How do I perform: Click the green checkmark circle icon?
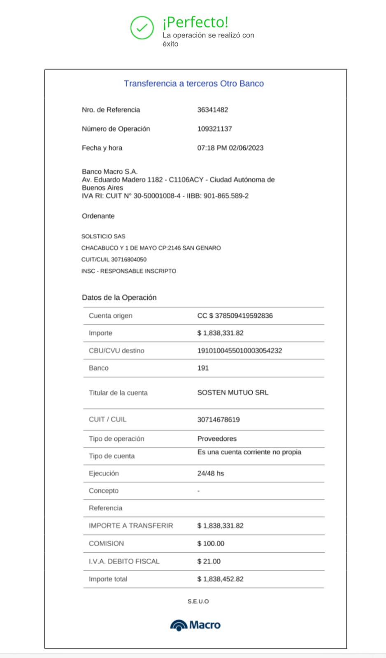[x=142, y=28]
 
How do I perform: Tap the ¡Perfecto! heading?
[x=195, y=22]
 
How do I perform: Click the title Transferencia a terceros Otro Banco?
[x=194, y=83]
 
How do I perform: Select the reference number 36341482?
[x=212, y=110]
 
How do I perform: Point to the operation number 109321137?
[x=214, y=129]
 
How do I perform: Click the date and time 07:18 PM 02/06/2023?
[x=230, y=148]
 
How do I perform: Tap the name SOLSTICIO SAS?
[x=103, y=236]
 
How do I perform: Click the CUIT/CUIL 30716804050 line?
[x=114, y=259]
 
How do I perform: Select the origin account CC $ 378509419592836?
[x=235, y=316]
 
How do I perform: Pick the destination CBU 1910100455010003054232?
[x=240, y=351]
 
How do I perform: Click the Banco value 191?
[x=203, y=368]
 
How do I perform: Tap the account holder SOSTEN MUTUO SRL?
[x=233, y=393]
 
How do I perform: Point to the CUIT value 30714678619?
[x=218, y=420]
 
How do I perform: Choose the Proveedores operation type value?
[x=217, y=439]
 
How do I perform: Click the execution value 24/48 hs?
[x=210, y=473]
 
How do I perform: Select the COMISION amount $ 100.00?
[x=211, y=544]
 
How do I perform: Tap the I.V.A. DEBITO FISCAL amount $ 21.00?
[x=209, y=561]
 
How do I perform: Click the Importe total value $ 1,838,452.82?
[x=220, y=579]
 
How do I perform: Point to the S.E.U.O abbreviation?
[x=198, y=601]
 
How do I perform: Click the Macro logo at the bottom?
[x=195, y=625]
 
